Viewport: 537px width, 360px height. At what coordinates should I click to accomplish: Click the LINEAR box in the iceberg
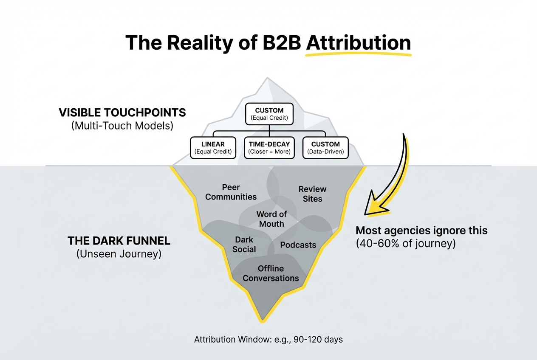(213, 148)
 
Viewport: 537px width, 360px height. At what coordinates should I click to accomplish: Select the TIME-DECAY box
(269, 148)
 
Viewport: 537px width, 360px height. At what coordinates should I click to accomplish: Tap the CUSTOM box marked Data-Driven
(325, 148)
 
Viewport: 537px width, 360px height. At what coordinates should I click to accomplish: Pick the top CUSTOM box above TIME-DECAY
(269, 114)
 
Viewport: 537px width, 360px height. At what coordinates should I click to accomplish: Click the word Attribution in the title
(358, 43)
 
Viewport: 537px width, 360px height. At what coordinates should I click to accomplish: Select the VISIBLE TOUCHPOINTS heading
(122, 112)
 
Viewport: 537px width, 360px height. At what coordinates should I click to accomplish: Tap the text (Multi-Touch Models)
(122, 126)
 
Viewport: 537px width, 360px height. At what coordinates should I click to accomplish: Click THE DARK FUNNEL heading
(119, 241)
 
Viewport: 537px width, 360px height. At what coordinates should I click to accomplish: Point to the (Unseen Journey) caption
(119, 255)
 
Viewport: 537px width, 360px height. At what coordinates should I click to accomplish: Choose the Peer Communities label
(231, 192)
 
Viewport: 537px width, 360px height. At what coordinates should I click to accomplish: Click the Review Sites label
(312, 194)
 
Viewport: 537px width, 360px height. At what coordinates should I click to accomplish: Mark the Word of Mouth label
(271, 219)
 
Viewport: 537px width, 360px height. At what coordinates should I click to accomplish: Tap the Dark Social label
(244, 245)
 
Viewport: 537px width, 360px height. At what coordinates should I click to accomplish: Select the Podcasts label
(298, 245)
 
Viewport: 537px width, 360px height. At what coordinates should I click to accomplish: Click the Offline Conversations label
(271, 273)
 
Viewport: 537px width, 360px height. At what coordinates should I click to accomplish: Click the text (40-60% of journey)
(405, 244)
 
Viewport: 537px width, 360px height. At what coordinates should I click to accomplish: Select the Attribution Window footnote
(268, 340)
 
